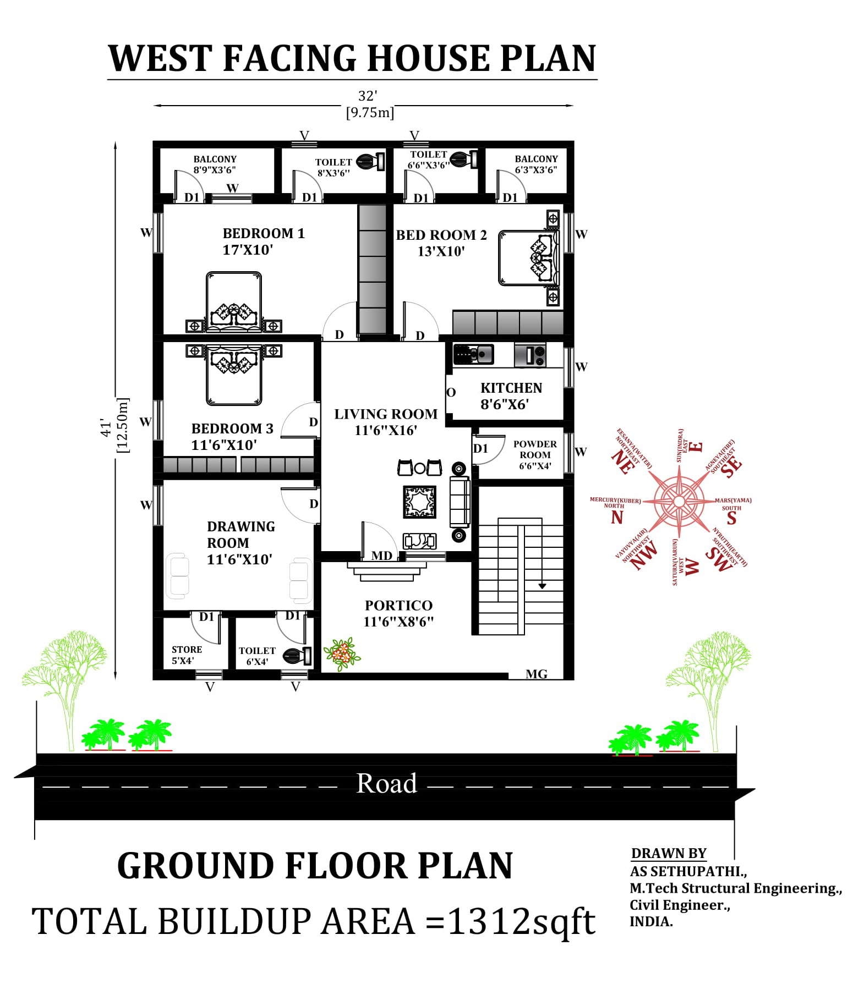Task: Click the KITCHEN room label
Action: [x=511, y=388]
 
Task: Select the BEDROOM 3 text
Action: [x=232, y=429]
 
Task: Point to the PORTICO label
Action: [x=398, y=606]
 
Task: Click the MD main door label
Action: [x=382, y=556]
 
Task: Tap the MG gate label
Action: [x=536, y=674]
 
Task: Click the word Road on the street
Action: [x=386, y=783]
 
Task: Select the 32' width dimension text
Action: [x=367, y=96]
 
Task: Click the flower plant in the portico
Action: [x=342, y=654]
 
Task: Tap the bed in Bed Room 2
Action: [x=529, y=258]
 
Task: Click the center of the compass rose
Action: [x=679, y=501]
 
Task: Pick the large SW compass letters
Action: [x=719, y=559]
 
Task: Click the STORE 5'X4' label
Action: [x=187, y=655]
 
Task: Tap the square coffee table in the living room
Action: [x=420, y=502]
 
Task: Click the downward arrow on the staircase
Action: [x=542, y=586]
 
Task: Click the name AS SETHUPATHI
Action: [x=688, y=871]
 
